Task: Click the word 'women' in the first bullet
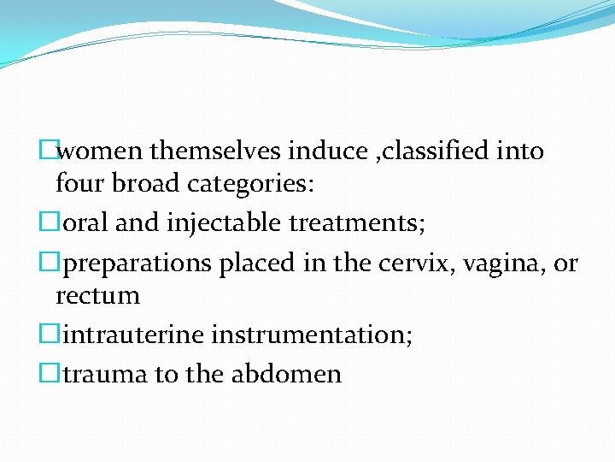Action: [x=101, y=151]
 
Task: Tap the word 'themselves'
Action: [x=214, y=151]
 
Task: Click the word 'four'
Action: [x=79, y=183]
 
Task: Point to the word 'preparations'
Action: [x=139, y=264]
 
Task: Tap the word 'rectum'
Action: [x=97, y=296]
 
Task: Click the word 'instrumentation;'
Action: [x=312, y=335]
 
